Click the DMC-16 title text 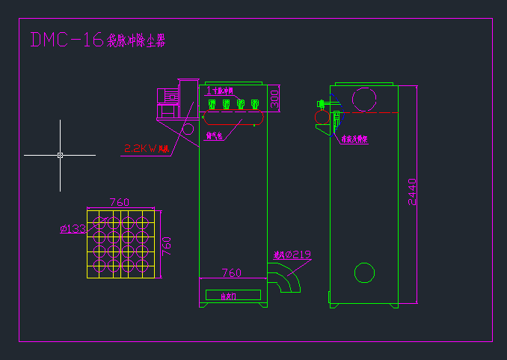click(x=66, y=40)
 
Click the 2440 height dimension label click(x=412, y=192)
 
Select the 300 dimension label click(x=274, y=98)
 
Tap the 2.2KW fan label click(x=145, y=149)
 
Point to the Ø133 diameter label click(x=72, y=229)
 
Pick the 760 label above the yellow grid click(x=120, y=202)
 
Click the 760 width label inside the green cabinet click(x=232, y=272)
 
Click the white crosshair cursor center click(x=60, y=155)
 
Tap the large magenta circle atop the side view click(x=364, y=98)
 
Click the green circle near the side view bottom click(x=364, y=274)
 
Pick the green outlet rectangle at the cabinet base click(x=233, y=296)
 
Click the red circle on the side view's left click(x=322, y=117)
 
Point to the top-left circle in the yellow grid click(x=96, y=221)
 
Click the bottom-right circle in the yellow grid click(x=145, y=268)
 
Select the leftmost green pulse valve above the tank click(x=212, y=103)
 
